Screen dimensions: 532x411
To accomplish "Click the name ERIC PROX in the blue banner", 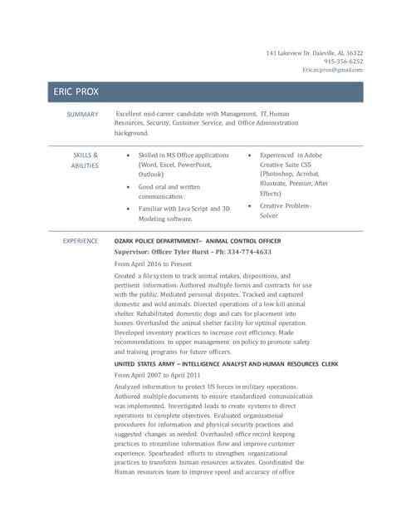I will (76, 91).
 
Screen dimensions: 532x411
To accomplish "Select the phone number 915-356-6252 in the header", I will (343, 61).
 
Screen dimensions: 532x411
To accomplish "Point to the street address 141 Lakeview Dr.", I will (291, 52).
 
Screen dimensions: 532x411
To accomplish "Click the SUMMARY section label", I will (82, 114).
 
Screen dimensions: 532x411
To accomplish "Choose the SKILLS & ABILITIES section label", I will (85, 160).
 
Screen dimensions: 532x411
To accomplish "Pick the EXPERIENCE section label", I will (81, 240).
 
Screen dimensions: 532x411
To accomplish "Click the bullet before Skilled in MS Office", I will (126, 155).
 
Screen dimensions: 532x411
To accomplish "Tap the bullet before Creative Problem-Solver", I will (249, 206).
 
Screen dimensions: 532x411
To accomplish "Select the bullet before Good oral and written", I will (126, 188).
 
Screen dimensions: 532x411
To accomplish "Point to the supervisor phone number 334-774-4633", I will (251, 251).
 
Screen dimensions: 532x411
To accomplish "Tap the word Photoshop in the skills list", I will (281, 175).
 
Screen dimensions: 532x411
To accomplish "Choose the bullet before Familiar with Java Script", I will (126, 209).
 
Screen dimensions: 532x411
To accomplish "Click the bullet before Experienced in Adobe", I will (249, 155).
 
